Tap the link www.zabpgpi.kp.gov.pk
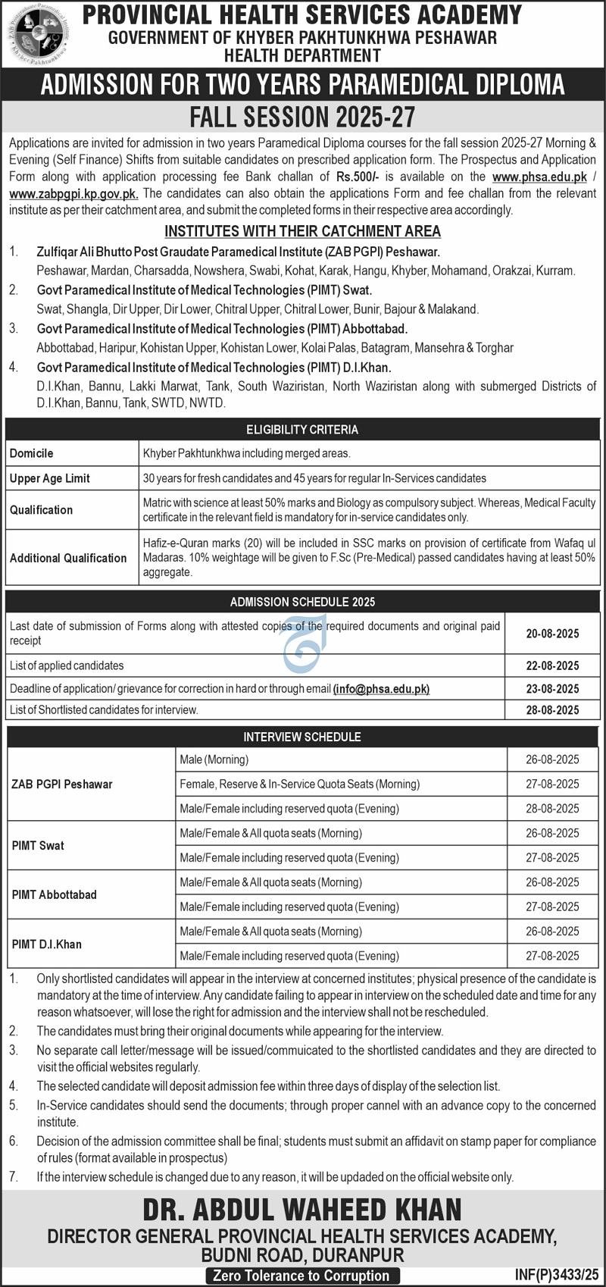[x=73, y=193]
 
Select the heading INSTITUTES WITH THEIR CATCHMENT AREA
[x=302, y=231]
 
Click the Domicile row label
[x=32, y=453]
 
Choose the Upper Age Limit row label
[x=50, y=478]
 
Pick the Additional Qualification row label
[x=68, y=558]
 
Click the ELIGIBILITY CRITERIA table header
[x=302, y=430]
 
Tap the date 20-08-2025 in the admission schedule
[x=552, y=634]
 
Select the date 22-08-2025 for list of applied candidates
[x=552, y=665]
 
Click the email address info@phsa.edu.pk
[x=381, y=689]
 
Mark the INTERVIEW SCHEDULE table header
[x=302, y=737]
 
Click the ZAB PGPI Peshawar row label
[x=62, y=784]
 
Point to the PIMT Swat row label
[x=38, y=846]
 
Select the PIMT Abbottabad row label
[x=55, y=895]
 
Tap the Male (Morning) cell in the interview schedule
[x=214, y=759]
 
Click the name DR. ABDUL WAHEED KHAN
[x=302, y=1210]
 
